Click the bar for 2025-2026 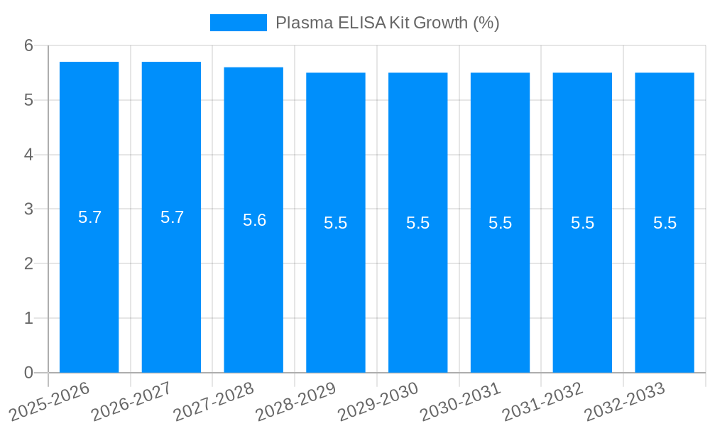[89, 284]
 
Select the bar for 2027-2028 [253, 284]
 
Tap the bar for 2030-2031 [500, 284]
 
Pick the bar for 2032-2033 [665, 284]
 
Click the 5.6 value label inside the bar [254, 220]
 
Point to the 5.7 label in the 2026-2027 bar [172, 217]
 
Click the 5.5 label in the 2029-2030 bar [417, 223]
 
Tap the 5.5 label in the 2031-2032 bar [582, 223]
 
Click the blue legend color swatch [239, 23]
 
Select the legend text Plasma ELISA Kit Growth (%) [387, 23]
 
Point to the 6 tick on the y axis [28, 45]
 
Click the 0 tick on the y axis [28, 373]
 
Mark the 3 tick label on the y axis [28, 209]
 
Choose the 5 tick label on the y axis [28, 100]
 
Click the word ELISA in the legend [361, 23]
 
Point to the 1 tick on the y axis [28, 318]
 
